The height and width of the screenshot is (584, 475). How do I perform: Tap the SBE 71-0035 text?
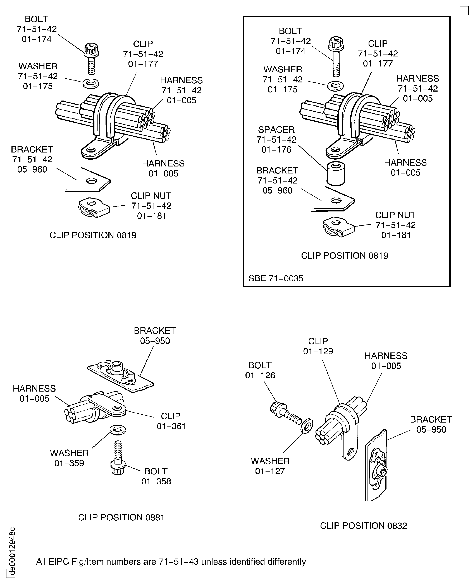tap(276, 278)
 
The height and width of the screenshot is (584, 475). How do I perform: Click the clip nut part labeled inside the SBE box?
tap(338, 227)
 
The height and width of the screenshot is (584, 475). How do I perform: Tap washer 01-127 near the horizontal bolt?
tap(307, 426)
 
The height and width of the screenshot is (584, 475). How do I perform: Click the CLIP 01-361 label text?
tap(171, 421)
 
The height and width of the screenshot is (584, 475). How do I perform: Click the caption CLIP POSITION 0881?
tap(121, 517)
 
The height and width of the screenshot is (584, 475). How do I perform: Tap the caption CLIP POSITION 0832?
tap(363, 525)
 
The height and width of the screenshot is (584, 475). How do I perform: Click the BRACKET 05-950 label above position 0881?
tap(155, 335)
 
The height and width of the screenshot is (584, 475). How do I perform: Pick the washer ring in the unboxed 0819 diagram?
tap(91, 84)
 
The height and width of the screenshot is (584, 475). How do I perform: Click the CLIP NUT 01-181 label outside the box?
tap(151, 206)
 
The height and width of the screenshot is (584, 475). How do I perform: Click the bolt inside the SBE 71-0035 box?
tap(336, 57)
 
